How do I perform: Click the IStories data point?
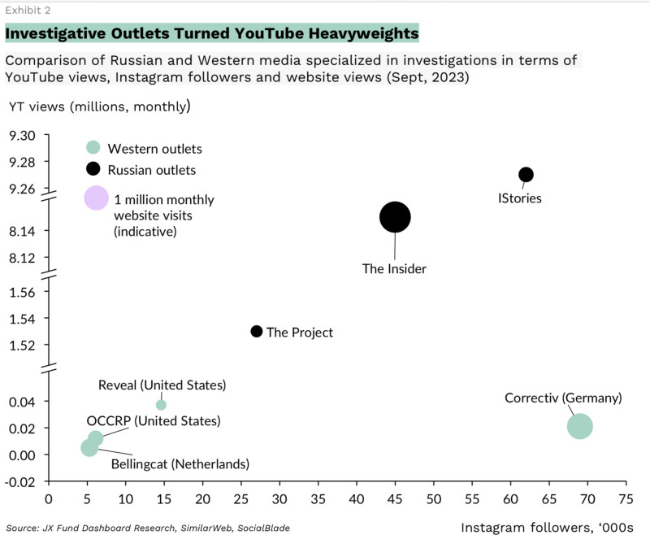click(526, 175)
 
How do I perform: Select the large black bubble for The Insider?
click(395, 217)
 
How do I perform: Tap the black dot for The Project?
click(257, 331)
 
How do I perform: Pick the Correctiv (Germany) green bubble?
click(579, 425)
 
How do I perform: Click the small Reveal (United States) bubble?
click(161, 405)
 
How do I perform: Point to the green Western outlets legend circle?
click(93, 148)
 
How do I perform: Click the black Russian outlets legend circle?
click(93, 169)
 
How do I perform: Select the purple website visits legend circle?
click(97, 198)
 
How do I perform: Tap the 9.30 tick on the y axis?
click(22, 135)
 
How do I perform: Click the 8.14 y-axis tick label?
click(22, 232)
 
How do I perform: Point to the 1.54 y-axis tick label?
click(22, 318)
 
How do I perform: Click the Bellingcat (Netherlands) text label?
click(178, 464)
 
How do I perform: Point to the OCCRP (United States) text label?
click(154, 421)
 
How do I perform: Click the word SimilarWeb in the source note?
click(209, 528)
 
